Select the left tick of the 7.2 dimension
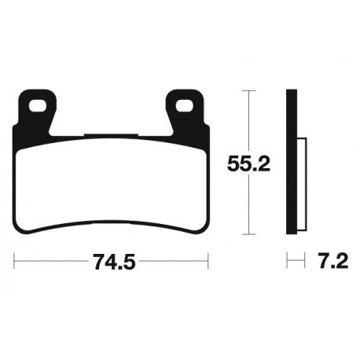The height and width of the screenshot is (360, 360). tap(288, 260)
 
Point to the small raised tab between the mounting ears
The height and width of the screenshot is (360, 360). tap(111, 136)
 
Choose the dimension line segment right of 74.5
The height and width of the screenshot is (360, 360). tap(173, 260)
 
